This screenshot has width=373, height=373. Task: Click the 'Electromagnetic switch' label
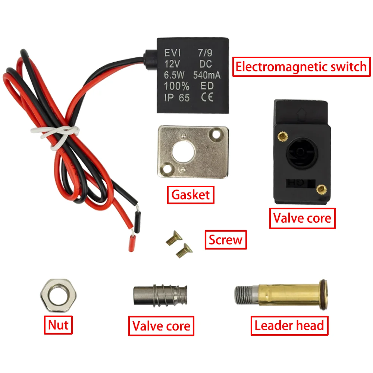pos(301,67)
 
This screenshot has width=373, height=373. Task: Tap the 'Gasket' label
pos(191,194)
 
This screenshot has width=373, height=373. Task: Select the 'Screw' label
pos(226,239)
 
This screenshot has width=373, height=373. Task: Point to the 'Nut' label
pos(58,325)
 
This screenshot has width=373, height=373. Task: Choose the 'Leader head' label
pos(289,326)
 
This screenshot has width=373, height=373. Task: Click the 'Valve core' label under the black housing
pos(302,218)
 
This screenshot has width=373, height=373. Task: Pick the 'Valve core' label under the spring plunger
pos(162,326)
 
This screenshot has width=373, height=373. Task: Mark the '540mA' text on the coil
pos(207,75)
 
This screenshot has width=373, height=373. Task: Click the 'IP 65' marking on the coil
pos(177,98)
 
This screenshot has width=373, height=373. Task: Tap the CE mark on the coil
pos(207,98)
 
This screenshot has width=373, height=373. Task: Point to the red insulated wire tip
pos(132,242)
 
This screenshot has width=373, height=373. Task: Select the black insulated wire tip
pos(137,222)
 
